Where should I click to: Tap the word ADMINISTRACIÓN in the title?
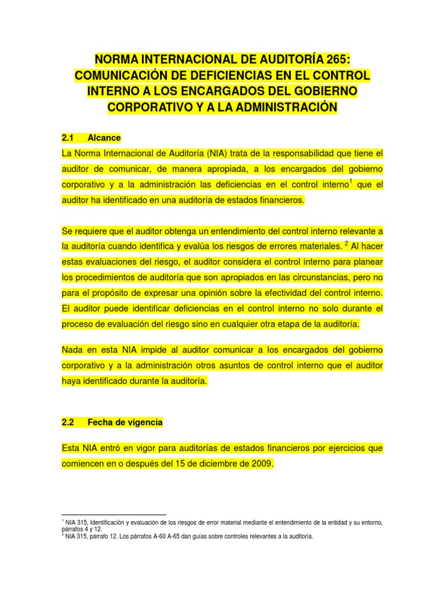283,107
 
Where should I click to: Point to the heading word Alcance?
104,138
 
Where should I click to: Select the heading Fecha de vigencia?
125,423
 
